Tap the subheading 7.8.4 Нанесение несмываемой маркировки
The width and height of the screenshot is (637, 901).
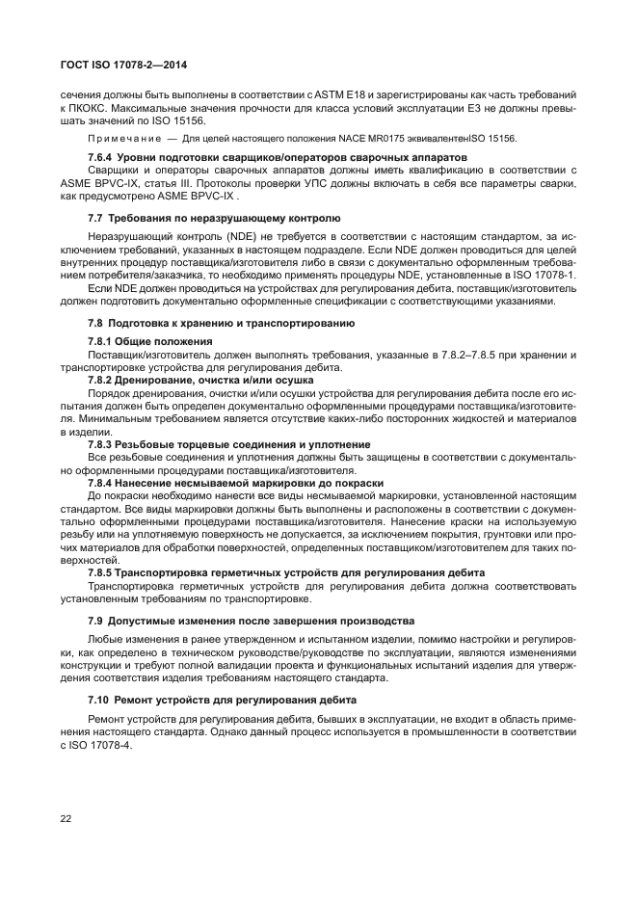[x=235, y=482]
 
